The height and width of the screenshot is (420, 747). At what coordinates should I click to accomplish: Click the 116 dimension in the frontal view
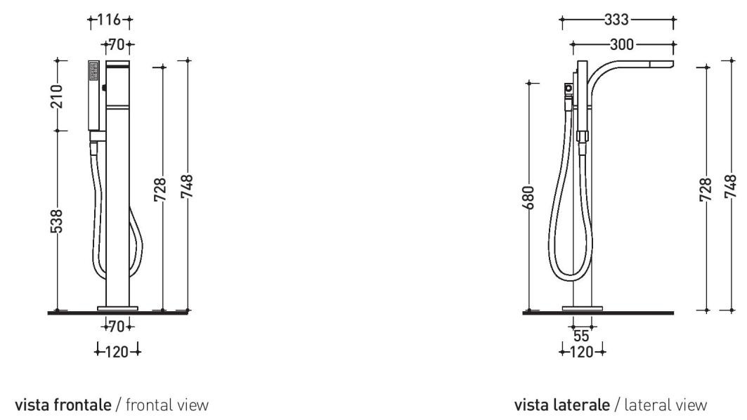point(109,20)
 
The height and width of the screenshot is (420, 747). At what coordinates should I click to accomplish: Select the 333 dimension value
point(616,20)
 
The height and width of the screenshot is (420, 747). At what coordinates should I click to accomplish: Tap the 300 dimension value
point(622,45)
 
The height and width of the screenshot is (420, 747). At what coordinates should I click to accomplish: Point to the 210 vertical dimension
point(56,96)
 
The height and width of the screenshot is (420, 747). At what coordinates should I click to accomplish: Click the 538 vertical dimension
point(56,221)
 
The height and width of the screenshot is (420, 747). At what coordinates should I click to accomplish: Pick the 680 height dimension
point(528,197)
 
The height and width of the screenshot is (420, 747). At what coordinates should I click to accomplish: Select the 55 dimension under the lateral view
point(580,336)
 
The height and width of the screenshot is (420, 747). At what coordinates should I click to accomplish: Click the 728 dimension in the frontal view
point(160,190)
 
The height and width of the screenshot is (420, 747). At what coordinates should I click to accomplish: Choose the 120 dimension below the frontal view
point(117,352)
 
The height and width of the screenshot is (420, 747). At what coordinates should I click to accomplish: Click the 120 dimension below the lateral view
point(581,352)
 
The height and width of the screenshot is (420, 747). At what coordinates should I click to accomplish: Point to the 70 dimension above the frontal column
point(117,45)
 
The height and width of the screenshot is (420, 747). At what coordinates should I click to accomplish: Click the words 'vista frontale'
point(63,405)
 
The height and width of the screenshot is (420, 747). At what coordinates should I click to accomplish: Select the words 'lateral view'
point(665,405)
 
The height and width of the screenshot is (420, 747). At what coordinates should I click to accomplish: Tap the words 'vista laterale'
point(562,405)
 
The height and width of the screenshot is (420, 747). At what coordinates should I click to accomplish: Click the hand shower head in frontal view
point(93,96)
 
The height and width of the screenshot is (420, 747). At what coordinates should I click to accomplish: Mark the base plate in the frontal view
point(117,308)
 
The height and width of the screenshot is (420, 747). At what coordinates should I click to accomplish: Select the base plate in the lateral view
point(582,308)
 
